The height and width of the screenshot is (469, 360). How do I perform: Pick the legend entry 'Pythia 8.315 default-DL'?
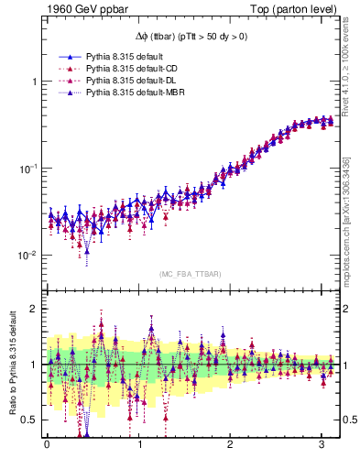132,81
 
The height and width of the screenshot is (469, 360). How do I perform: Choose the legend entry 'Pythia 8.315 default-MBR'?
135,93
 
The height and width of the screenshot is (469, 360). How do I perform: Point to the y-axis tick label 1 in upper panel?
34,82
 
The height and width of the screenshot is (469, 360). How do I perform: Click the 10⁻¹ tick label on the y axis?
29,168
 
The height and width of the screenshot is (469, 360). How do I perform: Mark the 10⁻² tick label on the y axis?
29,255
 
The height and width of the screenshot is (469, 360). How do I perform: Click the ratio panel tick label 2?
34,309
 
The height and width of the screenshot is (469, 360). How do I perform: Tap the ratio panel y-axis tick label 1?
34,365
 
